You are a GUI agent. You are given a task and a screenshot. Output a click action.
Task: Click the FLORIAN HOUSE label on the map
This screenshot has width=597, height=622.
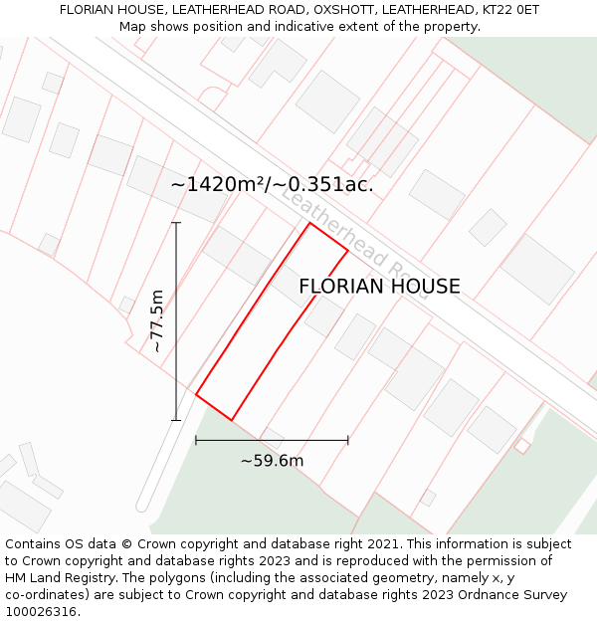coord(379,287)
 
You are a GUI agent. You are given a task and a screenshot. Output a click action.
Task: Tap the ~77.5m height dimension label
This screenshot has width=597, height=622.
coord(156,320)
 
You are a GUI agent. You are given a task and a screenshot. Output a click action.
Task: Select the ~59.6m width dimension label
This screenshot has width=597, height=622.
coord(272,460)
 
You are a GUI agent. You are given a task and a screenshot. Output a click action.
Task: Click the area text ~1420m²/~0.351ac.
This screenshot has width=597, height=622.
coord(272,184)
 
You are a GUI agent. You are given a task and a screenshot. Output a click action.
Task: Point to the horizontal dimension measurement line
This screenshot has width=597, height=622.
coord(272,439)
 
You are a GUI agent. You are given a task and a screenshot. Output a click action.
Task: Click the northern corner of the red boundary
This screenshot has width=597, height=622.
coord(309,223)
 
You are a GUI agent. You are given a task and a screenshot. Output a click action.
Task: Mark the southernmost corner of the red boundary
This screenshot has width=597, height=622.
coord(232,420)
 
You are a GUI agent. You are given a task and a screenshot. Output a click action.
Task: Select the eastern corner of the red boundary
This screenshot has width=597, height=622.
coord(347,250)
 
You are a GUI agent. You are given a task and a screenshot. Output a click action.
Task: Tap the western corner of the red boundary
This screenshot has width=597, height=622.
coord(196,395)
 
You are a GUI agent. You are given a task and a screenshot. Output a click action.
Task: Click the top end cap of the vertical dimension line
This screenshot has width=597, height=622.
coord(176,222)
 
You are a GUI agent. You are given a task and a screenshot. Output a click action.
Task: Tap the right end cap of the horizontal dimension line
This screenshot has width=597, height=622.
coord(348,439)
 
